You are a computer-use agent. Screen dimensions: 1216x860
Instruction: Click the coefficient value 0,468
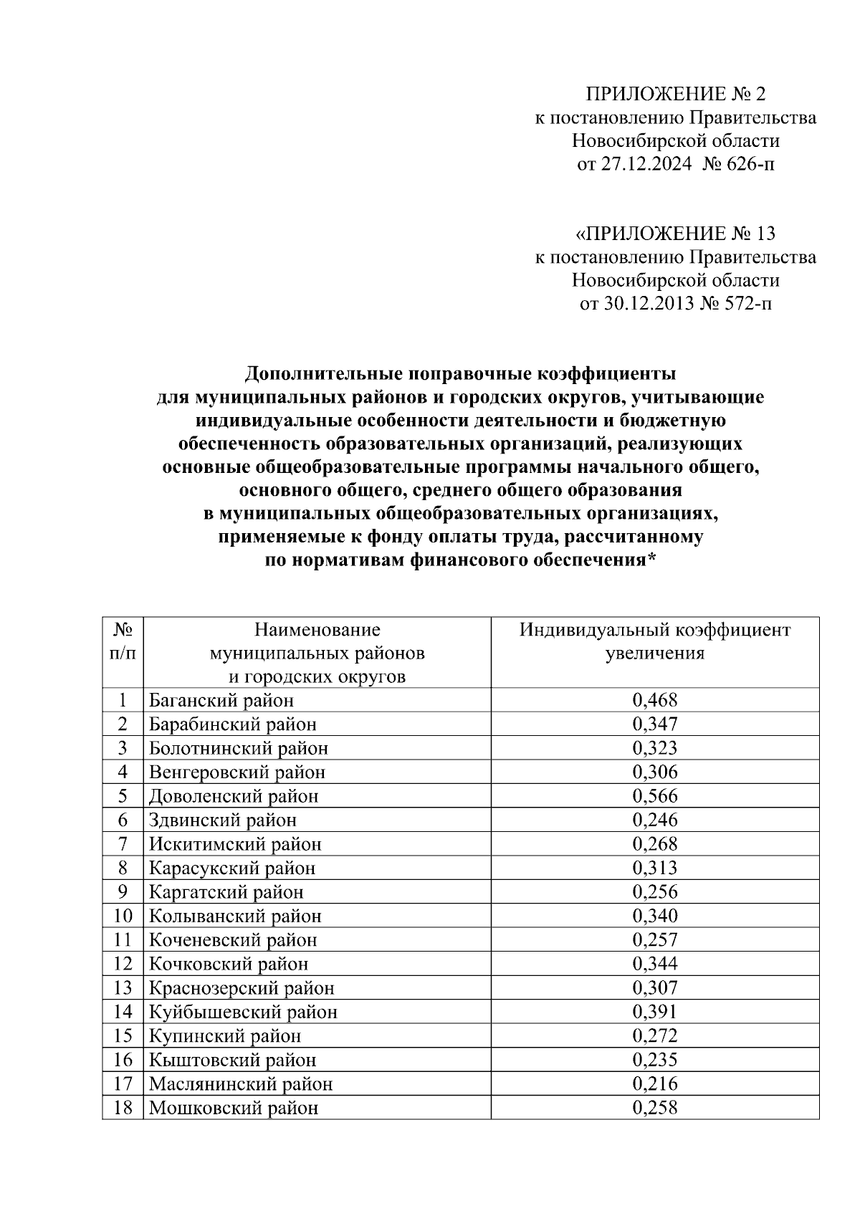(654, 700)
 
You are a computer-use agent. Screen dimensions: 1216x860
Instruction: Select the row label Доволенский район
(234, 796)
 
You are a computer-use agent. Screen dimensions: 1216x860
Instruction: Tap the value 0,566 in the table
(654, 796)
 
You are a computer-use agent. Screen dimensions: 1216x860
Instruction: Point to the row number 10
(123, 916)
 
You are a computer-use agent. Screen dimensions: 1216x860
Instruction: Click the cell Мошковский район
(234, 1108)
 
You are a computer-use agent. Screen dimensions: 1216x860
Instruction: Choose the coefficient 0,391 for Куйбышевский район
(654, 1012)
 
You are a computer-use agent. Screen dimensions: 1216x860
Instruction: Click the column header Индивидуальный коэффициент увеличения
(654, 641)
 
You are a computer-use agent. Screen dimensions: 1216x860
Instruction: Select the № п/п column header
(123, 641)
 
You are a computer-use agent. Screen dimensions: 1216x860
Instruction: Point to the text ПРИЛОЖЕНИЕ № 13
(676, 234)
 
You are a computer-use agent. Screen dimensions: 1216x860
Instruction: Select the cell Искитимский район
(235, 844)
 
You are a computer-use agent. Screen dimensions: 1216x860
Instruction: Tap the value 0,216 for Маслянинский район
(654, 1083)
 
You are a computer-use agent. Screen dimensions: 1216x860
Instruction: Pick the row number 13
(123, 988)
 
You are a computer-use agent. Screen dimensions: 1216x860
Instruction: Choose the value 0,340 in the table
(654, 916)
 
